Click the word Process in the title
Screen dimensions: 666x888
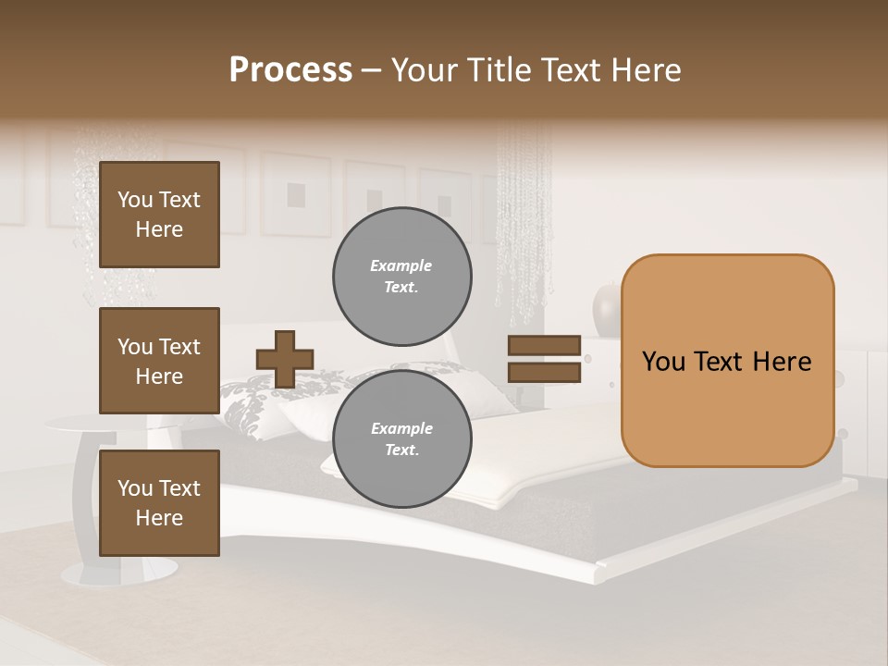(x=290, y=70)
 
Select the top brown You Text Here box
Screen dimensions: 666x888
(x=159, y=215)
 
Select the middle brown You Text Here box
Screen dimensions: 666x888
(x=159, y=361)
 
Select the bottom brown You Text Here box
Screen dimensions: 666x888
(x=159, y=502)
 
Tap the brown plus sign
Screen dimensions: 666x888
(x=285, y=359)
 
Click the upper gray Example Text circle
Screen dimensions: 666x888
(x=402, y=277)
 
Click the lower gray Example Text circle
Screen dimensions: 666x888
(x=402, y=439)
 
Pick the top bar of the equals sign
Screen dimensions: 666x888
(x=545, y=346)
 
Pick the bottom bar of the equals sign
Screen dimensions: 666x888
(x=545, y=373)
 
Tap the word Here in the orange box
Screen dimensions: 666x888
(x=782, y=362)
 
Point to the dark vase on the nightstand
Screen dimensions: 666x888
(x=606, y=310)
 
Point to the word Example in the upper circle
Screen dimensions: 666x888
(x=401, y=265)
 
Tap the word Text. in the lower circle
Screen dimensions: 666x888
(x=401, y=450)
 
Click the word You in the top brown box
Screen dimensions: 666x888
(x=135, y=200)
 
